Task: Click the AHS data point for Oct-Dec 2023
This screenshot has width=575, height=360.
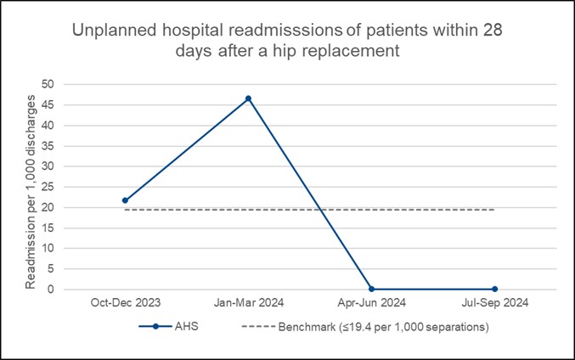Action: [x=125, y=200]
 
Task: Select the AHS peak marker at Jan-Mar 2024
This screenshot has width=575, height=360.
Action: [x=248, y=98]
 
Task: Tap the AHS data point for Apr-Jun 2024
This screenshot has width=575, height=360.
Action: [x=371, y=290]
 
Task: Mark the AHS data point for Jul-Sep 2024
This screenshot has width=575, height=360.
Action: [x=494, y=290]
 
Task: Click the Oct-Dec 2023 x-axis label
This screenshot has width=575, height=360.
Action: [x=125, y=302]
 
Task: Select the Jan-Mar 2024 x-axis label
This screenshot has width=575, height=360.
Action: [x=248, y=302]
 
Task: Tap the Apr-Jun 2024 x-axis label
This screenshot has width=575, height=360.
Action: [x=371, y=302]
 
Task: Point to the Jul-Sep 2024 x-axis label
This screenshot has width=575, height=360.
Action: [x=494, y=302]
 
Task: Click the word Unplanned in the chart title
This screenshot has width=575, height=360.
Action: [x=108, y=31]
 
